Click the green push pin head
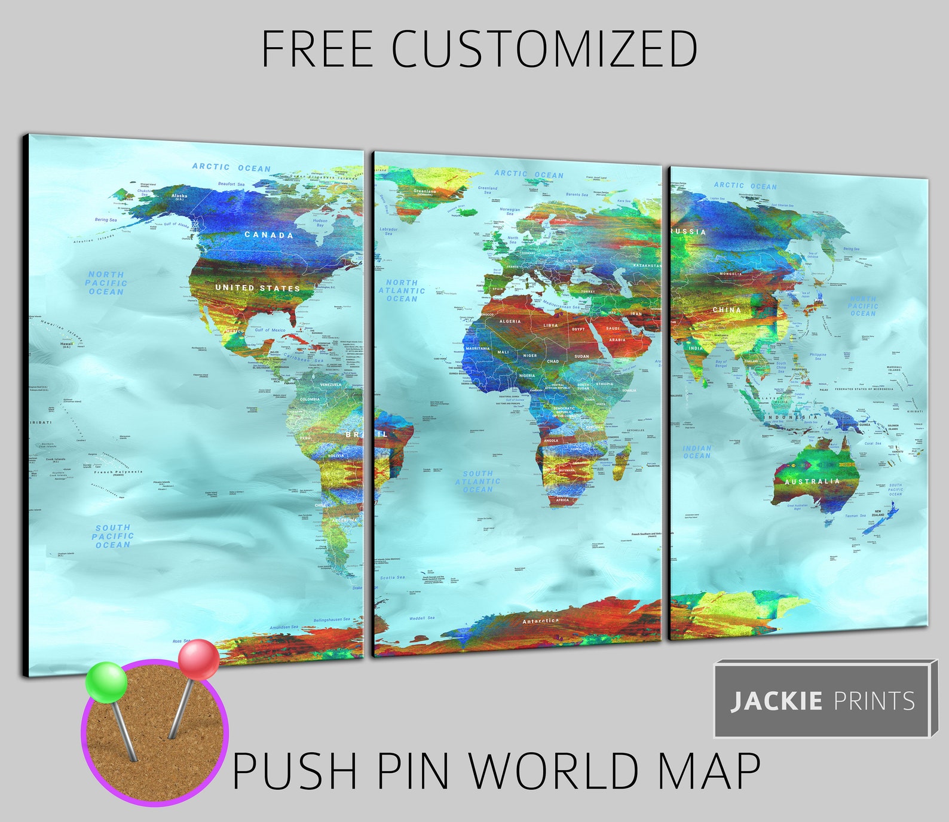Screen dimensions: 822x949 [106, 682]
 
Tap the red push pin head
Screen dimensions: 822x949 [199, 660]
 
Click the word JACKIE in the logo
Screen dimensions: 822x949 [776, 701]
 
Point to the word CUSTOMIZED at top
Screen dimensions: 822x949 [544, 49]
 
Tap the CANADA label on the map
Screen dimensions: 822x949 [269, 235]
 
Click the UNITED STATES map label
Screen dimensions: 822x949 [258, 288]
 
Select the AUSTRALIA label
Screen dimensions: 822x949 [812, 481]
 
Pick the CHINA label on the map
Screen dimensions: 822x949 [727, 310]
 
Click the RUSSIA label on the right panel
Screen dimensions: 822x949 [689, 232]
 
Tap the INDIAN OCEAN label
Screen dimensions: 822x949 [697, 452]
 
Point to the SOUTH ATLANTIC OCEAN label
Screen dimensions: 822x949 [478, 481]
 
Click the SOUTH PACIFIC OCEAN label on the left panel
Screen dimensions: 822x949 [112, 536]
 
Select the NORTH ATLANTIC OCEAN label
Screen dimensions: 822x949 [402, 290]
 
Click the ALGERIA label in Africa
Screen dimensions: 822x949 [510, 321]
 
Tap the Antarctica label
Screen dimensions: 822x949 [541, 621]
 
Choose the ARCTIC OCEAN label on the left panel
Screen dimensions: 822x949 [231, 168]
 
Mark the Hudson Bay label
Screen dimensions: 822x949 [320, 222]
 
